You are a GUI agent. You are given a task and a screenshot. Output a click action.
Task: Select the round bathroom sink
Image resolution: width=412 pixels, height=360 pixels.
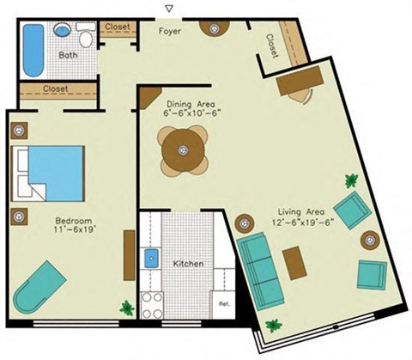(64, 29)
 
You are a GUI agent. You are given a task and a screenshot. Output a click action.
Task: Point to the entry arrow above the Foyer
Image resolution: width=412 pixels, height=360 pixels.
(168, 9)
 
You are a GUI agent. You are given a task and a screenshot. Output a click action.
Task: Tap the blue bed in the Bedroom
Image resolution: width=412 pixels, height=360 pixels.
(51, 172)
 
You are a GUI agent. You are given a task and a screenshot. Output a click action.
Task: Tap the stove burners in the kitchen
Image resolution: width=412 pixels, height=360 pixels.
(152, 302)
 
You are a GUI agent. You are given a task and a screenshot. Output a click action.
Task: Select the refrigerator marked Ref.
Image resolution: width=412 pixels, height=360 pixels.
(223, 303)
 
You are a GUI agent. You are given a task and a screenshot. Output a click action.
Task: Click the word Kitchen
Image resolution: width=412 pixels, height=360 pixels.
(188, 264)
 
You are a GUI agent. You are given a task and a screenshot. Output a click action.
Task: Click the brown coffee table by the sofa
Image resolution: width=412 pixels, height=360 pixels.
(294, 262)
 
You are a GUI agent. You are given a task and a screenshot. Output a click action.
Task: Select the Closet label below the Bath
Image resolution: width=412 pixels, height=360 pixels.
(56, 88)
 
